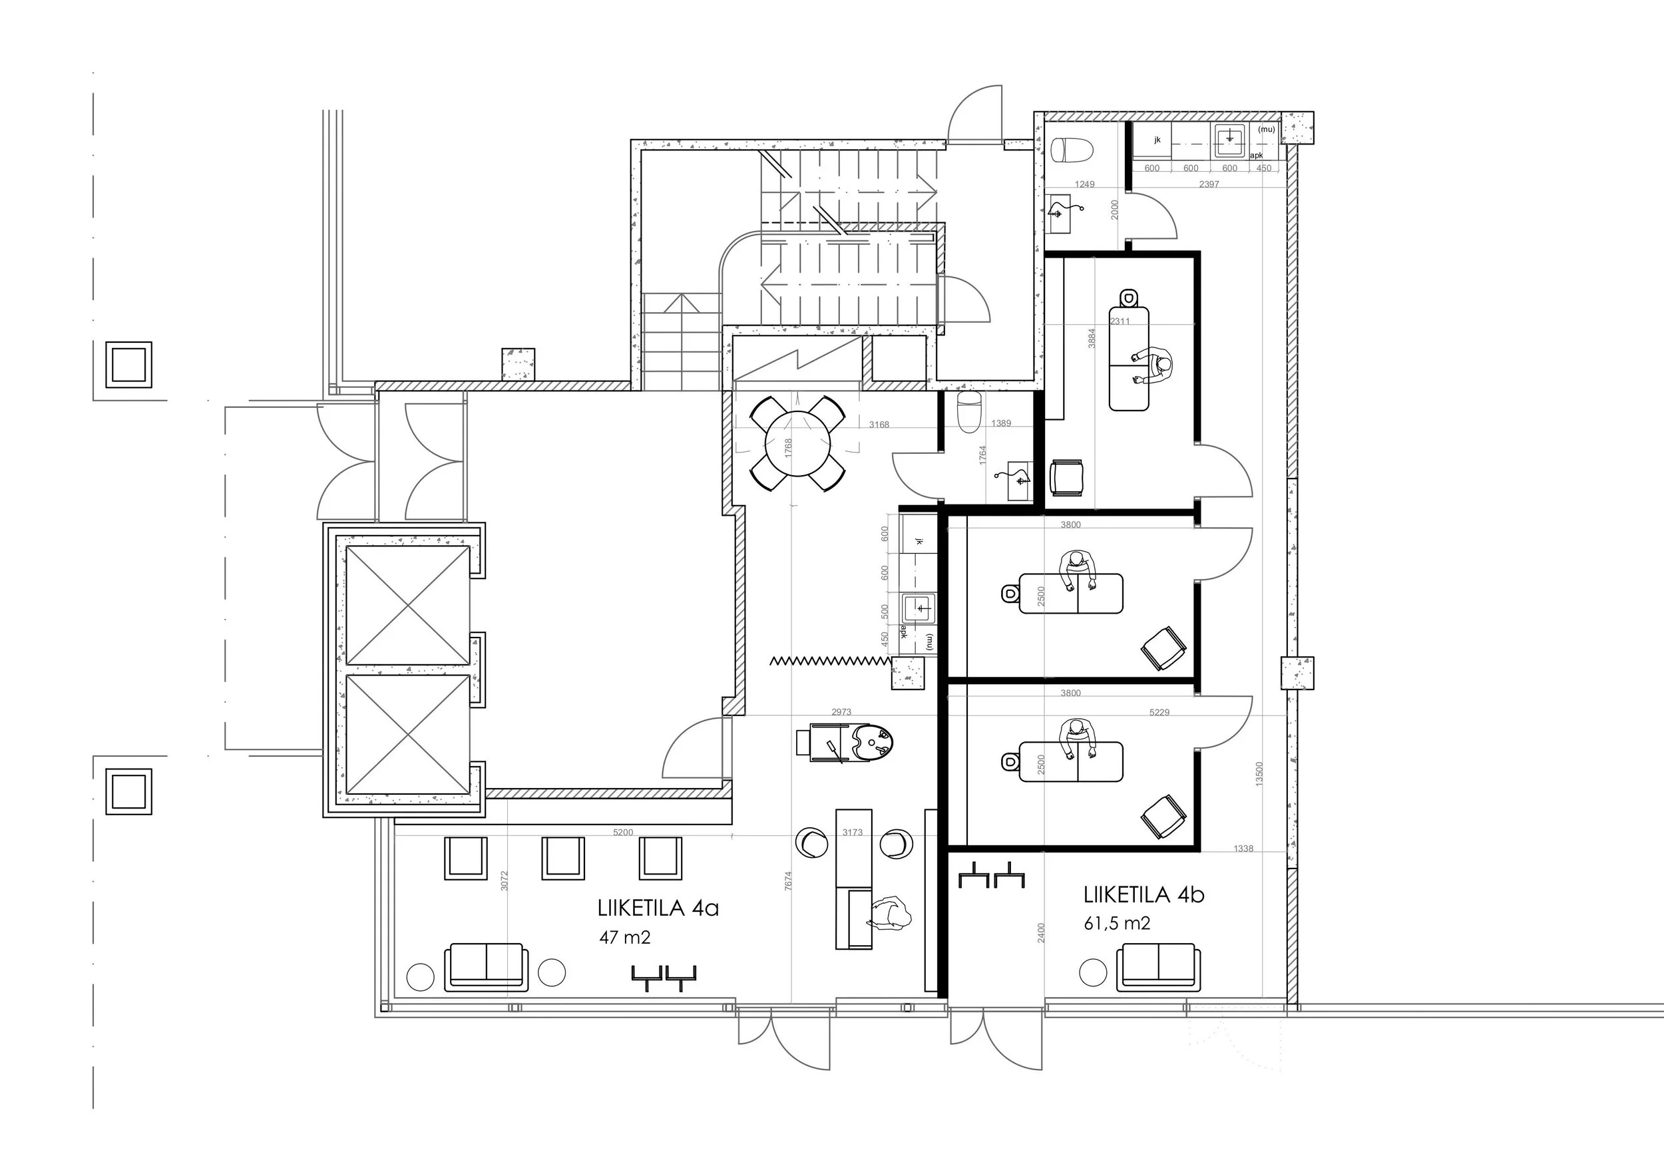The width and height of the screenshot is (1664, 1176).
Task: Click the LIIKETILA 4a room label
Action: click(658, 908)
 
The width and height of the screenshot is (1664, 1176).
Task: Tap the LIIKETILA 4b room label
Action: click(1144, 895)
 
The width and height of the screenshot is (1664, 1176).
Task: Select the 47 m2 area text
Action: click(625, 937)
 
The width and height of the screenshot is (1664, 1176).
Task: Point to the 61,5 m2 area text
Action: click(1117, 924)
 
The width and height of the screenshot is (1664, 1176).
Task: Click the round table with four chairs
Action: click(797, 443)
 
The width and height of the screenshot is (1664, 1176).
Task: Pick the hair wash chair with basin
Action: click(845, 742)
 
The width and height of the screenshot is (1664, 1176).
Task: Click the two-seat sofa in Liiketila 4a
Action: click(486, 966)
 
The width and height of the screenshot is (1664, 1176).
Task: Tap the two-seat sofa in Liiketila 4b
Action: click(1158, 966)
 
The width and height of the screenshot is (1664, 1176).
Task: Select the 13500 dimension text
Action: click(1259, 774)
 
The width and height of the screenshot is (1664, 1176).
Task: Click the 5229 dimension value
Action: click(1159, 712)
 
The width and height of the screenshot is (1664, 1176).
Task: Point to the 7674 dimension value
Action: click(789, 881)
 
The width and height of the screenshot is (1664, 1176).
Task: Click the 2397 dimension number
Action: click(1209, 184)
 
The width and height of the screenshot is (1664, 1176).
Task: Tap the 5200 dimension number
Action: click(623, 833)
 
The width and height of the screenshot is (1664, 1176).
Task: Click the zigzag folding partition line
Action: click(830, 660)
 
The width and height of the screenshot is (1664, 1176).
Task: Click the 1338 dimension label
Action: click(1243, 849)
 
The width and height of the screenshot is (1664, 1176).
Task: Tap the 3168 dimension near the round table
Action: click(879, 425)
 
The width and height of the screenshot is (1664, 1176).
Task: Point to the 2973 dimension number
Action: click(841, 712)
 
